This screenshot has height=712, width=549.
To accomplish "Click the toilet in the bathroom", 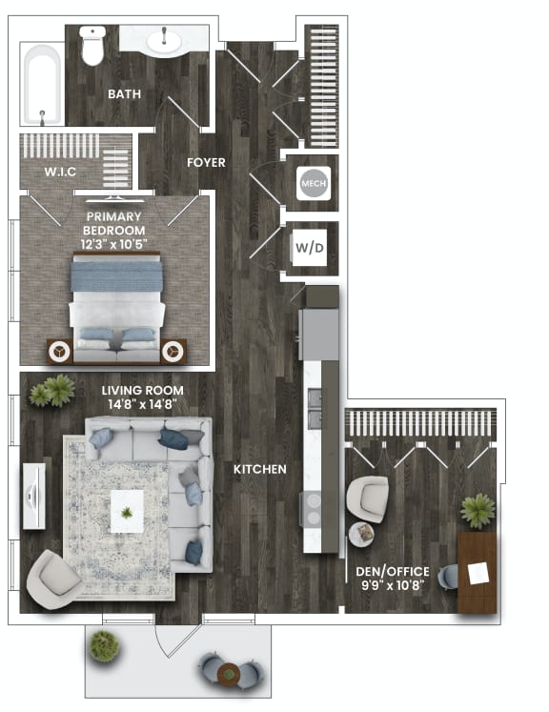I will coord(92,46).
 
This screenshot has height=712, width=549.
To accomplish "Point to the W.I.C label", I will coord(59,172).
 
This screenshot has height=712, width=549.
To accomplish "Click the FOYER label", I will coord(206,163).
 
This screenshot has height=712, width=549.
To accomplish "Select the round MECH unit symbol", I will coord(313,182).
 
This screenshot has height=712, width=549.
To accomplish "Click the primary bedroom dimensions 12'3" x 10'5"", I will coord(113,245).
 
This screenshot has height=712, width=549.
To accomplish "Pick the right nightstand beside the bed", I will coord(173,351).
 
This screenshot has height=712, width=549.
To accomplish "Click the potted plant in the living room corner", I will coord(52,391).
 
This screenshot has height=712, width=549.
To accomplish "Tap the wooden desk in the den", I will coord(477,572).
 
